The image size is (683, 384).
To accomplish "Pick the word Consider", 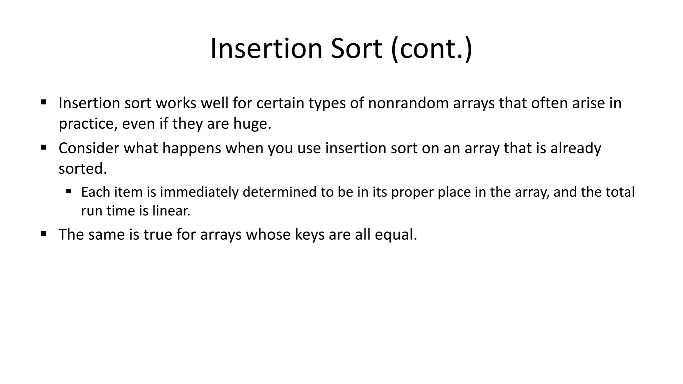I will [x=89, y=148].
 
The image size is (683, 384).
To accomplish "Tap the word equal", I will [x=396, y=235].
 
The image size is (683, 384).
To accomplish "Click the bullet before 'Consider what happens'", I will [x=43, y=147].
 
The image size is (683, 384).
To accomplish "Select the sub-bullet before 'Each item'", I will [x=69, y=191].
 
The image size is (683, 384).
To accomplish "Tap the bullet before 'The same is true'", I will [x=43, y=233].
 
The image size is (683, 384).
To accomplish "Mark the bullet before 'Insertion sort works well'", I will [x=43, y=102].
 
